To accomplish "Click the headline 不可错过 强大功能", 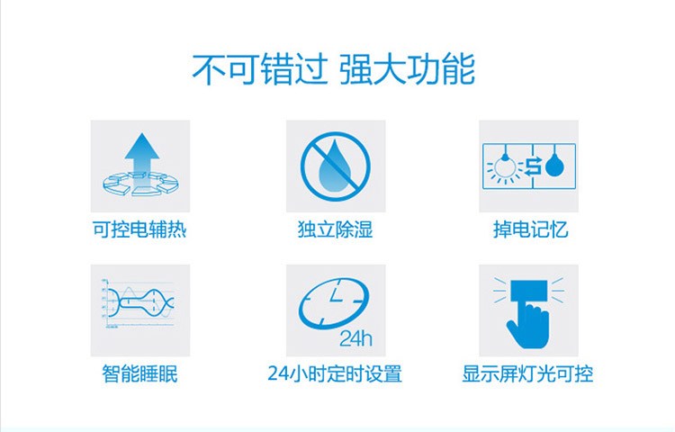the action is click(334, 68).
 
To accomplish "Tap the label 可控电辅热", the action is click(139, 229).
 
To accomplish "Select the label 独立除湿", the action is click(336, 229).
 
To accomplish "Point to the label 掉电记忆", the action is click(530, 229).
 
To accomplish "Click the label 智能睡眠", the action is click(139, 373).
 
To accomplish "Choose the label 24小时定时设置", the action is click(335, 373).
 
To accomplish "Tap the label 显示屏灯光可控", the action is click(527, 373).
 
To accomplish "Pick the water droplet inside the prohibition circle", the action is click(335, 162).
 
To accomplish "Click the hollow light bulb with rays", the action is click(506, 167).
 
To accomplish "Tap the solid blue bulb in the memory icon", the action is click(554, 165).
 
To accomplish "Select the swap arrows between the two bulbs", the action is click(534, 166).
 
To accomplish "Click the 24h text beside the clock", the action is click(355, 338).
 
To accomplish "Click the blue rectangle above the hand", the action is click(529, 291).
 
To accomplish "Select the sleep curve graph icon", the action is click(139, 303).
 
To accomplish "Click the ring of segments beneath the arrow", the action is click(140, 184).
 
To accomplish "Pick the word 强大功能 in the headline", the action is click(407, 68).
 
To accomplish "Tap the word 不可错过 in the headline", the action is click(260, 68).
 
